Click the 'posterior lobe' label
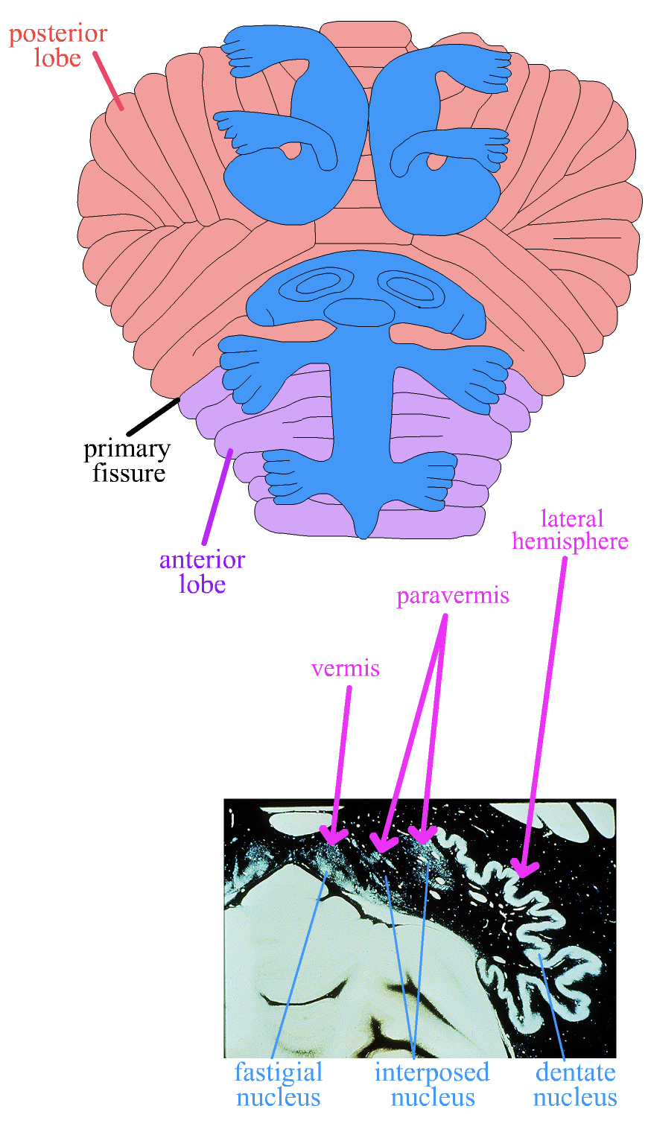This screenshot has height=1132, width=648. pyautogui.click(x=58, y=46)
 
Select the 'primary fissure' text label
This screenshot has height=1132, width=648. pyautogui.click(x=127, y=461)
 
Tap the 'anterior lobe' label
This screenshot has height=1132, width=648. pyautogui.click(x=202, y=572)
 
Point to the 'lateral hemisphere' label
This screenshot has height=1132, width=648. pyautogui.click(x=570, y=530)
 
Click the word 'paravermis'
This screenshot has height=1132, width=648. pyautogui.click(x=453, y=597)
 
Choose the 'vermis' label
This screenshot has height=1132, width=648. pyautogui.click(x=346, y=668)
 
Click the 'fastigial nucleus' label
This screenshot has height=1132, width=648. pyautogui.click(x=278, y=1084)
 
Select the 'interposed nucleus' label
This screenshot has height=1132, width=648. pyautogui.click(x=432, y=1084)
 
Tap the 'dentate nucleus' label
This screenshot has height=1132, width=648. pyautogui.click(x=575, y=1084)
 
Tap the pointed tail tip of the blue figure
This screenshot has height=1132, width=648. pyautogui.click(x=363, y=532)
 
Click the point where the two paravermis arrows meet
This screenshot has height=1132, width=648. pyautogui.click(x=445, y=616)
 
